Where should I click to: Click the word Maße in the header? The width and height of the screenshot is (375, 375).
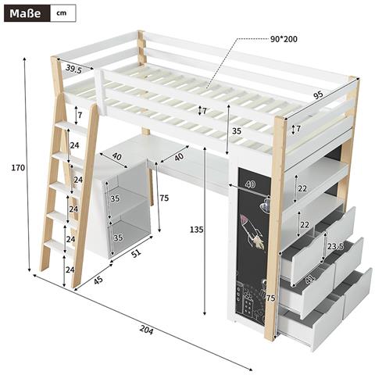pyautogui.click(x=23, y=13)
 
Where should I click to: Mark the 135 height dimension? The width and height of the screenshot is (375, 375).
pyautogui.click(x=201, y=230)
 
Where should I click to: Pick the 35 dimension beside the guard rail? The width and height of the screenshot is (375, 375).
pyautogui.click(x=237, y=131)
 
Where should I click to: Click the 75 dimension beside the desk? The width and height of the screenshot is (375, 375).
pyautogui.click(x=163, y=198)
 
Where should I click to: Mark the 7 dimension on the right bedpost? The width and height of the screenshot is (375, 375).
pyautogui.click(x=297, y=128)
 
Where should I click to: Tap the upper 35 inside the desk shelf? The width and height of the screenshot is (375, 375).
pyautogui.click(x=115, y=199)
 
